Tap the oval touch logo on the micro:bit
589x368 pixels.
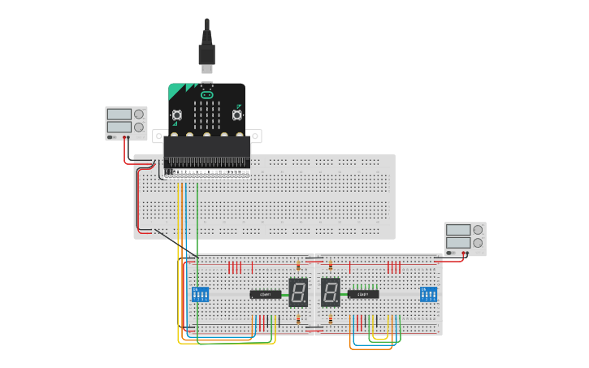206,95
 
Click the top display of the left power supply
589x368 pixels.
119,115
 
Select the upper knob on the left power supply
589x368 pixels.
139,115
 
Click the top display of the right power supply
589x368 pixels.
458,230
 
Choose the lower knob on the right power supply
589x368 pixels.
478,243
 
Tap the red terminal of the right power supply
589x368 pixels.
466,253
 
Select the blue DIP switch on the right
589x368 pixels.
428,293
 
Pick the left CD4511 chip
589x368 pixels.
265,294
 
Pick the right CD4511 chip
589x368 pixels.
363,294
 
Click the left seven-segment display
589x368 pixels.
298,292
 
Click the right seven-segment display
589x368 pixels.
330,292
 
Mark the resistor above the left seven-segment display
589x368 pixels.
298,265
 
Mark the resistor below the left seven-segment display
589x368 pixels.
298,319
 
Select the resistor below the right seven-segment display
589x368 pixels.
331,319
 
